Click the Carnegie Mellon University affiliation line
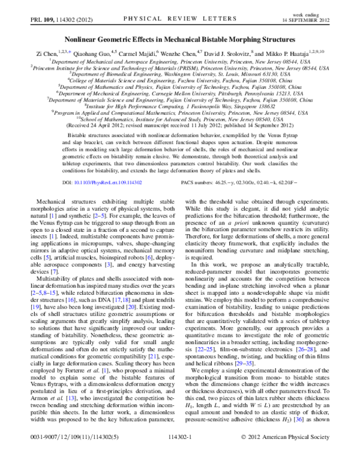click(x=180, y=94)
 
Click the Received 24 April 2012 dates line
click(x=180, y=126)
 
